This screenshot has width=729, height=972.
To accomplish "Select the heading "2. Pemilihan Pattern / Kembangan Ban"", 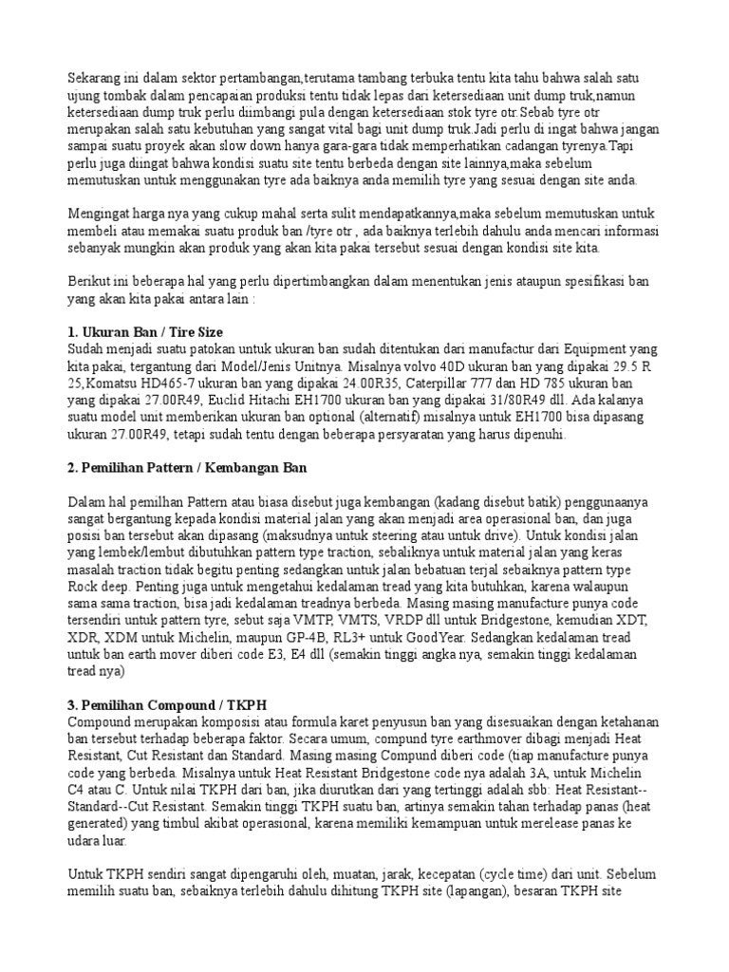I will tap(188, 469).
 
